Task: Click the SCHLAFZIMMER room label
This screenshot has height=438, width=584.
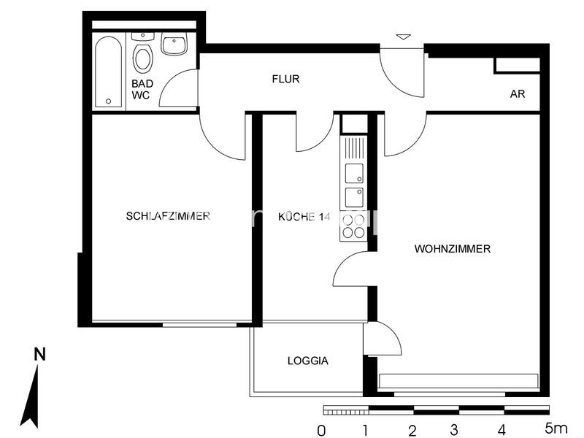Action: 168,215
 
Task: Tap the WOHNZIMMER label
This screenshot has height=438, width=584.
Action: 452,249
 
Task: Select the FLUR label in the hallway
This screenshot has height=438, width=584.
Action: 285,79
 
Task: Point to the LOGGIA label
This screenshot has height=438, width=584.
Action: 307,361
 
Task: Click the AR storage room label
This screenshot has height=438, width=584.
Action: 518,95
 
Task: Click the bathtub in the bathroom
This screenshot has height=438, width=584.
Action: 109,72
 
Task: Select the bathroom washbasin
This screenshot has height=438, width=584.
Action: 174,45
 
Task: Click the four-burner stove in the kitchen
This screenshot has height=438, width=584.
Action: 354,226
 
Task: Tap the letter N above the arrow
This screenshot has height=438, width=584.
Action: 39,354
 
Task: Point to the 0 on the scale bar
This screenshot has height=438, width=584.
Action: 322,430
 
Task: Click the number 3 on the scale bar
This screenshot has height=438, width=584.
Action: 454,430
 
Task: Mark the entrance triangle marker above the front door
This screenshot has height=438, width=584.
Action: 403,36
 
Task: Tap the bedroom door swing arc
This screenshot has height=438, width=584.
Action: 223,139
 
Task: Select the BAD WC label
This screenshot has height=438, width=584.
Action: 141,90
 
